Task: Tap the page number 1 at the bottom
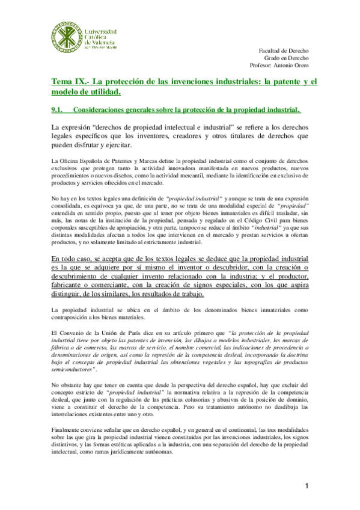pyautogui.click(x=306, y=485)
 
